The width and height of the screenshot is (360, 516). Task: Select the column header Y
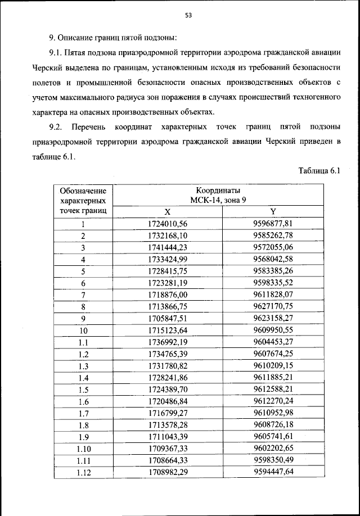[x=273, y=212]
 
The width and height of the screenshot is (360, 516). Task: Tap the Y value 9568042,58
[x=273, y=259]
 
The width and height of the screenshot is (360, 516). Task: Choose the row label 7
[x=83, y=295]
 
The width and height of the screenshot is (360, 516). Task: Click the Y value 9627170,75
[x=273, y=306]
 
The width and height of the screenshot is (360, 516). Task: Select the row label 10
[x=83, y=331]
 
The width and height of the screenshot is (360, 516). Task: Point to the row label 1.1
[x=83, y=342]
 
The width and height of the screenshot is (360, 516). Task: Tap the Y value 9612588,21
[x=273, y=389]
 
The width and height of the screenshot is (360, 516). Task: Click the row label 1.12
[x=83, y=472]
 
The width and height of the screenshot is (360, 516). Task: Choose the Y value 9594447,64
[x=273, y=472]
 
